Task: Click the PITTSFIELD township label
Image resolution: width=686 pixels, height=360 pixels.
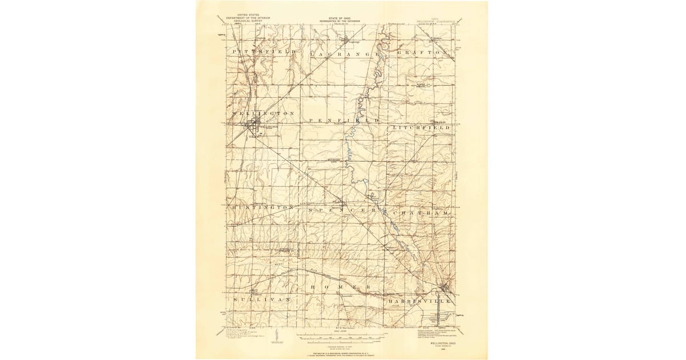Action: [x=265, y=51]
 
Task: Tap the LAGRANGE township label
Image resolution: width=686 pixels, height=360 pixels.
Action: [x=345, y=53]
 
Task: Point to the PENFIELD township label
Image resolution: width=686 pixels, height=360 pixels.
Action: [x=344, y=121]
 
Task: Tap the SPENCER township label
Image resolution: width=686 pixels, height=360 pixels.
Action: [x=342, y=211]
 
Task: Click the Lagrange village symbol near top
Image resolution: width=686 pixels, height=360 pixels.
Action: [x=352, y=40]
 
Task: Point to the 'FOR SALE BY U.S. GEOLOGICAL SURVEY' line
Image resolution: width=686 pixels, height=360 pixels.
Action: [x=342, y=346]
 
